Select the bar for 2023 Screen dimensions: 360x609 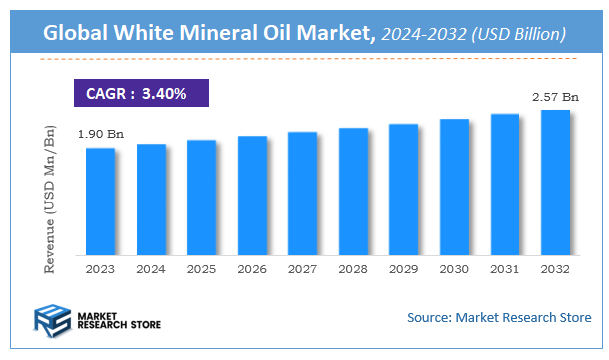click(x=100, y=200)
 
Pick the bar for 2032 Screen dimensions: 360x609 click(x=555, y=181)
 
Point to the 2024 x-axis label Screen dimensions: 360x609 click(x=151, y=268)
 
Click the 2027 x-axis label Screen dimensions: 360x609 click(x=302, y=268)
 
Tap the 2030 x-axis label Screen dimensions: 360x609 click(x=454, y=268)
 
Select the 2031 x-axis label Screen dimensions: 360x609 click(x=505, y=268)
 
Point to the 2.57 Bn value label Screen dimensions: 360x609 click(x=555, y=97)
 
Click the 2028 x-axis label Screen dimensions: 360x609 click(x=353, y=268)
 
